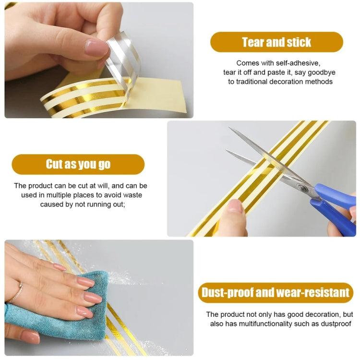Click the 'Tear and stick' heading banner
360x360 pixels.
tap(276, 42)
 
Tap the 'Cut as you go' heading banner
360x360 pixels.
tap(78, 164)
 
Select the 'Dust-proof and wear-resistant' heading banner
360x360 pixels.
tap(276, 293)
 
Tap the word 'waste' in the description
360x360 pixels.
tap(132, 195)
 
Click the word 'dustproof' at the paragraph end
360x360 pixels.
tap(336, 324)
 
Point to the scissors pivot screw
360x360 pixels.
tap(304, 188)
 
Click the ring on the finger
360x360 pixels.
tap(16, 291)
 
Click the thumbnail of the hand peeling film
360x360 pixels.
tap(96, 47)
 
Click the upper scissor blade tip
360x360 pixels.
tap(231, 129)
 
